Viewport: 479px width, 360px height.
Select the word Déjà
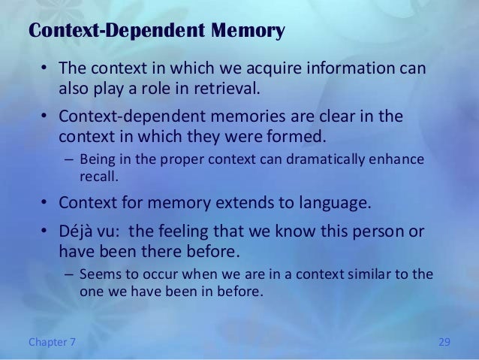coord(77,229)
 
